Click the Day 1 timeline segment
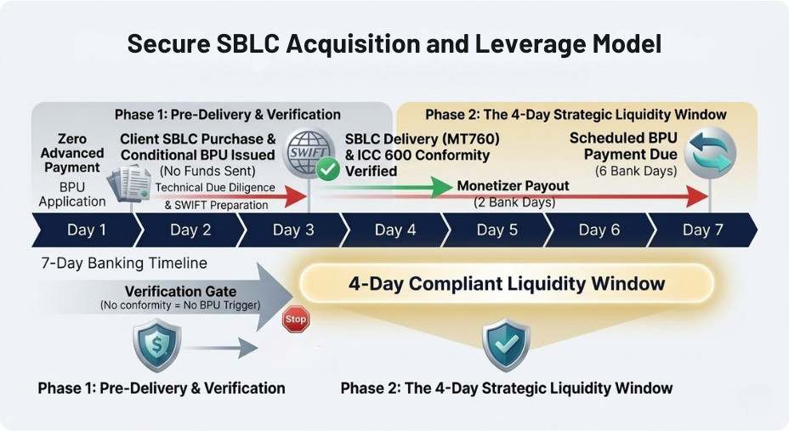[x=86, y=230]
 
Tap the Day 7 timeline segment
[x=696, y=230]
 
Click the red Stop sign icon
[x=295, y=320]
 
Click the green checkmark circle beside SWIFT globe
[x=328, y=170]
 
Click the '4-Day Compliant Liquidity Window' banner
[x=506, y=283]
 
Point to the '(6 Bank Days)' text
[x=631, y=171]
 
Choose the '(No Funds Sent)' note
[x=197, y=171]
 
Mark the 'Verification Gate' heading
[x=180, y=292]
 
